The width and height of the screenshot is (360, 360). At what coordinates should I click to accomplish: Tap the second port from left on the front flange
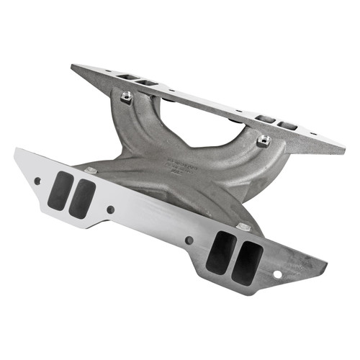[x=81, y=199]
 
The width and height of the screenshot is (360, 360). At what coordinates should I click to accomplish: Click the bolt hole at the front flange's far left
[x=37, y=181]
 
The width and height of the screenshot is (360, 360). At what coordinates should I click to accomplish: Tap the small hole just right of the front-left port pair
[x=110, y=210]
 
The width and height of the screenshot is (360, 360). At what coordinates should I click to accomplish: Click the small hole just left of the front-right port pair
[x=189, y=240]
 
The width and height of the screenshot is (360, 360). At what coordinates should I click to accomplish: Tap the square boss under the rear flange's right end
[x=263, y=140]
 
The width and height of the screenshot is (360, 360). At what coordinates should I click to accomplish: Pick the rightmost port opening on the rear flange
[x=287, y=126]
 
